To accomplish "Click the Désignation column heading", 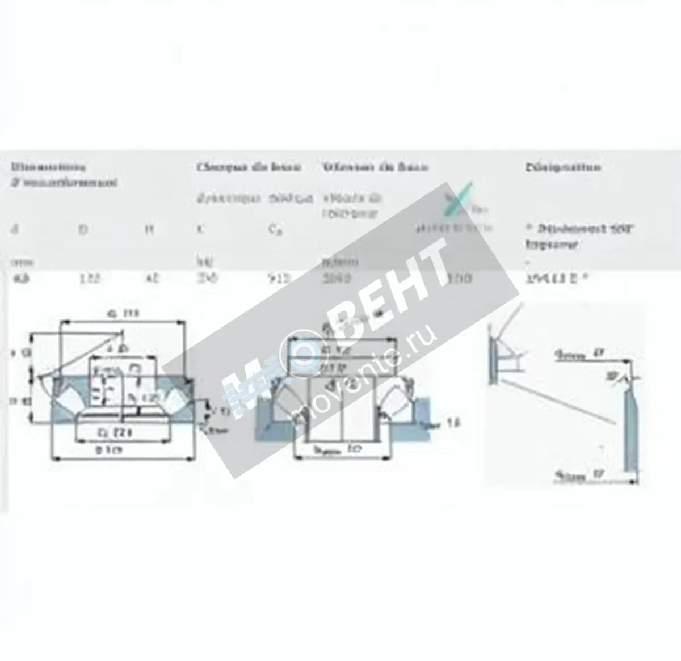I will coord(562,167).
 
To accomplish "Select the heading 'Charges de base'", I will coord(249,167).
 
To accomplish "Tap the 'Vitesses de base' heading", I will coord(376,167).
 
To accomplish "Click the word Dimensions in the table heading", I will coord(48,167).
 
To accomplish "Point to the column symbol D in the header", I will coord(83,229).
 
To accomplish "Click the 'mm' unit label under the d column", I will coord(22,262).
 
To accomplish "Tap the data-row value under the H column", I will coord(152,279).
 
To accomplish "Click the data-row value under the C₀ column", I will coord(279,279).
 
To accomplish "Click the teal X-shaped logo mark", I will coord(461,198).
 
